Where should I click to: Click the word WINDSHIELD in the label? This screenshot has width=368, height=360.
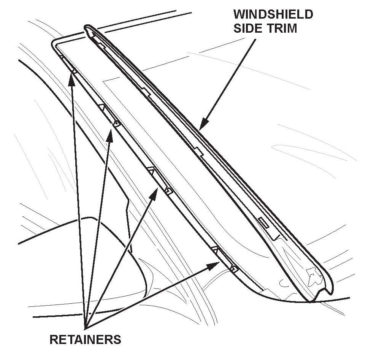click(273, 15)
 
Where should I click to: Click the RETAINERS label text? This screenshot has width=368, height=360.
click(85, 339)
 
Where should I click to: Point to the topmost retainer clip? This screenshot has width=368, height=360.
click(68, 63)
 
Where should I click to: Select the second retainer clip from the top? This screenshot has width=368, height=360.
click(110, 116)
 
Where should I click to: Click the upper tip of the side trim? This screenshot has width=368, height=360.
click(88, 28)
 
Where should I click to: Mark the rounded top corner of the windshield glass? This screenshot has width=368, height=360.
click(54, 42)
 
